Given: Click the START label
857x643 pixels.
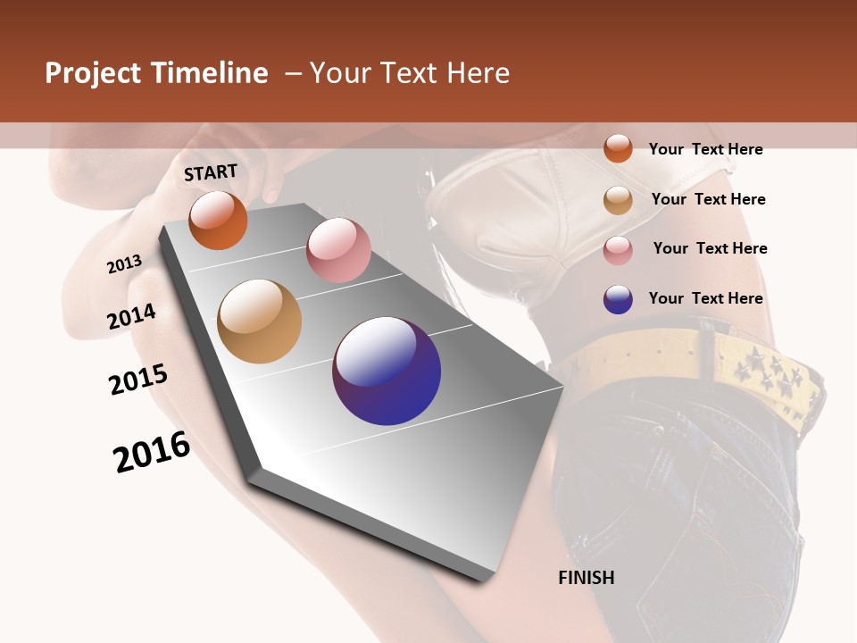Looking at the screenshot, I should (211, 172).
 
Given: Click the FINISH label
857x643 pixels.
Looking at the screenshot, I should (587, 578).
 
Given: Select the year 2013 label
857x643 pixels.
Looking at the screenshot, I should (124, 264).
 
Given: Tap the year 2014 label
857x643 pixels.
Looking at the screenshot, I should (131, 317).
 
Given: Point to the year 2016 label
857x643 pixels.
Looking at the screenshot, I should (152, 451).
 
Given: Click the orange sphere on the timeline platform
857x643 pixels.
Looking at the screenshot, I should (218, 221).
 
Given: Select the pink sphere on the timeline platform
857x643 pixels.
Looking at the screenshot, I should (338, 250).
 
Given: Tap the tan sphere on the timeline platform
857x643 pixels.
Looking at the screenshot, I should (259, 321).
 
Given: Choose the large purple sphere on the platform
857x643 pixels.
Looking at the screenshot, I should (387, 371).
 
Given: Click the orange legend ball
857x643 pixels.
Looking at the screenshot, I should (618, 148).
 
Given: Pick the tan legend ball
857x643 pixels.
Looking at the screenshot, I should (618, 200).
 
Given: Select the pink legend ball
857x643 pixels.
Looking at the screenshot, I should (618, 250).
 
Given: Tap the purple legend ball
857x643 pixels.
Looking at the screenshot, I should (618, 299).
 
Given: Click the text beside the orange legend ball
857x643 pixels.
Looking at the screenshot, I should (705, 149).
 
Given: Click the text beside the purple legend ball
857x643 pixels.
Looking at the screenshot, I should (705, 298).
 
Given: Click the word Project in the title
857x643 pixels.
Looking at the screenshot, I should (92, 73).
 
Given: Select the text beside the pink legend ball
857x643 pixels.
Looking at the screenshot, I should (710, 248).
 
